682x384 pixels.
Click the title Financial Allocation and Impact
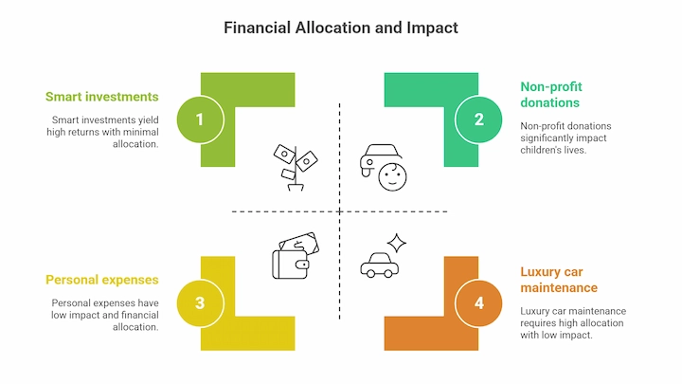click(x=341, y=27)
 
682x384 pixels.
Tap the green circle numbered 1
click(x=200, y=119)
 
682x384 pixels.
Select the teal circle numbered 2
click(x=478, y=119)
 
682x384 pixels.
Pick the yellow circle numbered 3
click(x=200, y=303)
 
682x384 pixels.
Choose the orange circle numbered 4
click(x=478, y=303)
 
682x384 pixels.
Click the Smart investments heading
click(x=101, y=97)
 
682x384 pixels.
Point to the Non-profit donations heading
click(x=551, y=95)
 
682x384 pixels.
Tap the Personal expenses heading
click(x=101, y=280)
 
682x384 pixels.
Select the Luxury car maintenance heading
click(x=559, y=280)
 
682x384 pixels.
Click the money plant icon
click(x=296, y=168)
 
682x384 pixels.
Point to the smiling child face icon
click(x=392, y=176)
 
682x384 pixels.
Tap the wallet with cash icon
click(x=296, y=256)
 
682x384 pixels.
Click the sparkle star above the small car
click(x=397, y=243)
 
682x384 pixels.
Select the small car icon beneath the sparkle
click(x=379, y=265)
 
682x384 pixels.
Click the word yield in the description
click(x=149, y=120)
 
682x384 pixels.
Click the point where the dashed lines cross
click(x=340, y=211)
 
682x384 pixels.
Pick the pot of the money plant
click(x=296, y=187)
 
